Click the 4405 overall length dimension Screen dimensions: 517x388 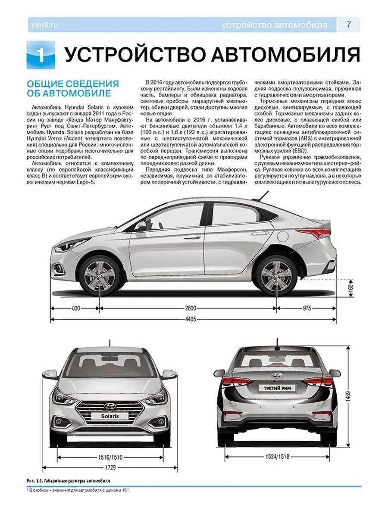[191, 319]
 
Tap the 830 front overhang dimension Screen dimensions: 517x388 [76, 308]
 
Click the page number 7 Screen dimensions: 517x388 [348, 25]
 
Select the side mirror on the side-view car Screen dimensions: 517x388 [141, 225]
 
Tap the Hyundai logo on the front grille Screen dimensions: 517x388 [110, 405]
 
